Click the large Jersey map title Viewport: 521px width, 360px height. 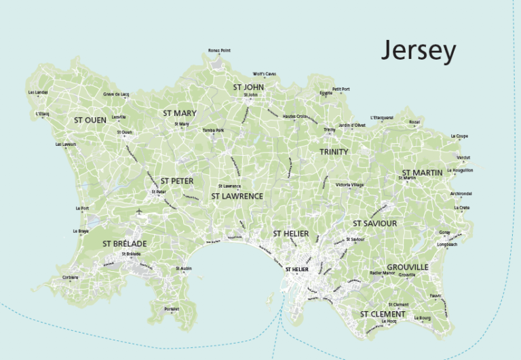click(x=418, y=52)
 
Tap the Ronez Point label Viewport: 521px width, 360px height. click(x=219, y=51)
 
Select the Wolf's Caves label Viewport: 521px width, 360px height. click(x=264, y=73)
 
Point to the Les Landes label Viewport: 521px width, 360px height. click(x=38, y=92)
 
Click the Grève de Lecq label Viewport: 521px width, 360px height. click(x=116, y=94)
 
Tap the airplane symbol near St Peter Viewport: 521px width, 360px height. click(x=139, y=212)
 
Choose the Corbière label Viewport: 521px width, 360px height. click(x=70, y=277)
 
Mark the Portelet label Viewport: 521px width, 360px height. click(x=172, y=309)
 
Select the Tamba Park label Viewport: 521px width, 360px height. click(x=212, y=129)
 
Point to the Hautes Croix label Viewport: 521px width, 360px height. click(x=295, y=117)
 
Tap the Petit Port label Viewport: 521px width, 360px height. click(x=341, y=89)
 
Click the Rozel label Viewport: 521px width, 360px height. click(x=414, y=122)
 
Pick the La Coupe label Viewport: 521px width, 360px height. click(x=459, y=136)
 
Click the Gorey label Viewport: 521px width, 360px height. click(x=444, y=232)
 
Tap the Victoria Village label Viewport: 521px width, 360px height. click(x=349, y=184)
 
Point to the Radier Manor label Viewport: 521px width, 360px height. click(x=382, y=273)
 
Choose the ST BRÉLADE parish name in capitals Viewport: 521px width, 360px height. click(x=125, y=243)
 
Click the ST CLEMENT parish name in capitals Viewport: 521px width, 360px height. click(x=383, y=315)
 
